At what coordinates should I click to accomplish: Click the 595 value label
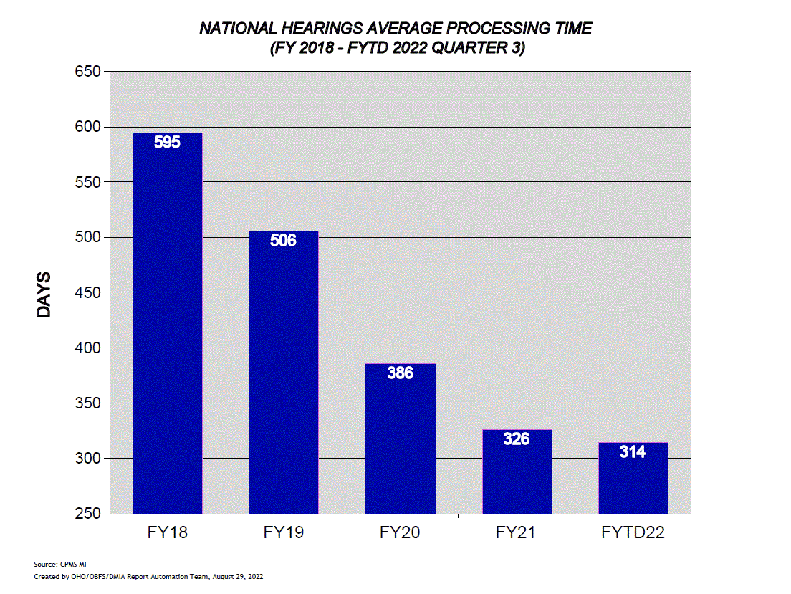pyautogui.click(x=168, y=142)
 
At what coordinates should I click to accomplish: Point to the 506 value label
pyautogui.click(x=284, y=240)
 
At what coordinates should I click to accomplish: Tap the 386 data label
pyautogui.click(x=400, y=373)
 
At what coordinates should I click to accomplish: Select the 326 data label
pyautogui.click(x=517, y=439)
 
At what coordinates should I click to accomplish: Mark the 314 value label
pyautogui.click(x=633, y=451)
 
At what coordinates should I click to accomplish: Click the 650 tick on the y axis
pyautogui.click(x=87, y=72)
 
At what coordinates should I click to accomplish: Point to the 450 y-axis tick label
pyautogui.click(x=87, y=292)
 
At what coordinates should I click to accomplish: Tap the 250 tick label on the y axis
pyautogui.click(x=87, y=514)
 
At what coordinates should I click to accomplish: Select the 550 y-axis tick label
pyautogui.click(x=87, y=182)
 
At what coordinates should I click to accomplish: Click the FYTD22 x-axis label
pyautogui.click(x=633, y=533)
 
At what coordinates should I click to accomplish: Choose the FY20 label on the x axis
pyautogui.click(x=400, y=533)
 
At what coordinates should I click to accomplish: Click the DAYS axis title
pyautogui.click(x=44, y=294)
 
